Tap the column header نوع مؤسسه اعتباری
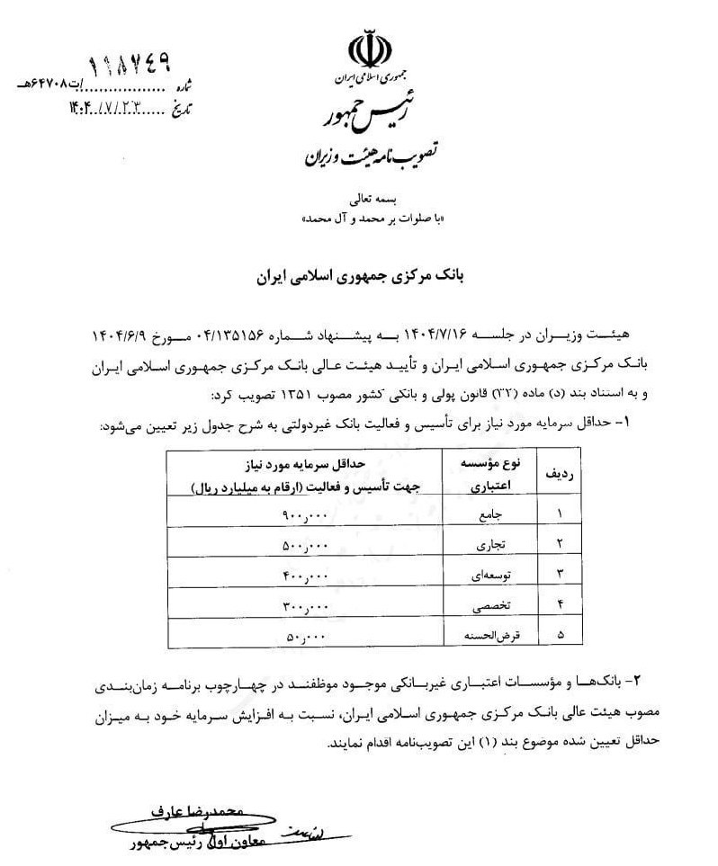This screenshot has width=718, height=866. (484, 474)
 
